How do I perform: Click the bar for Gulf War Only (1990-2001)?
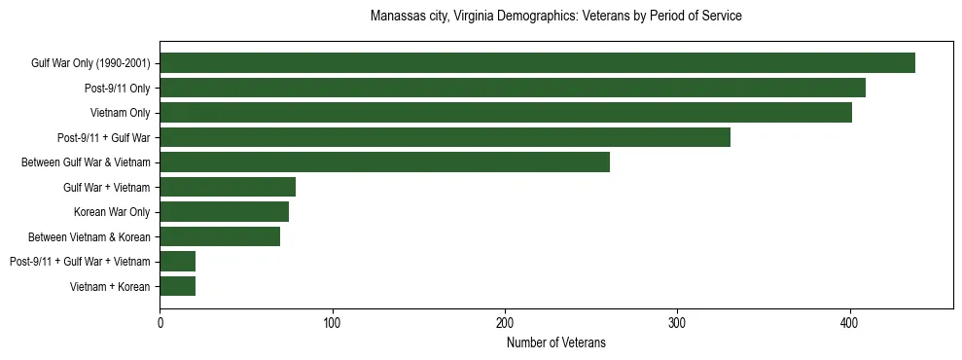pos(537,63)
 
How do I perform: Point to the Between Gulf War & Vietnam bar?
pos(384,162)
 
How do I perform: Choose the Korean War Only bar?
pos(224,212)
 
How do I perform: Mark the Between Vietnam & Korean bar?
pos(220,236)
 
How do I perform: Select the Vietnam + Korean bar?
pos(178,286)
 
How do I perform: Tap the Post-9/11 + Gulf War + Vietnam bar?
pos(178,261)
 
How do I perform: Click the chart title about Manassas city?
pos(556,17)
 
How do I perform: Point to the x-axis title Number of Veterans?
pos(556,342)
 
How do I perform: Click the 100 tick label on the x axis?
pos(333,323)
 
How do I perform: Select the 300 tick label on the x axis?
pos(678,323)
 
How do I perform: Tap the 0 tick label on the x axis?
pos(160,323)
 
